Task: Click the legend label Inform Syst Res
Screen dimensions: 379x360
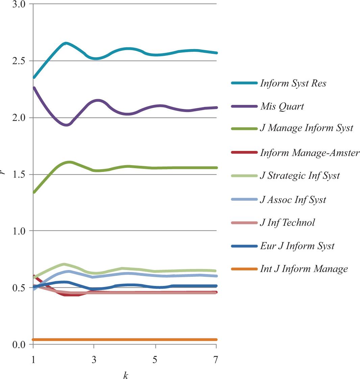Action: click(293, 83)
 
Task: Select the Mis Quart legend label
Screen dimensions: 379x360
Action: click(282, 106)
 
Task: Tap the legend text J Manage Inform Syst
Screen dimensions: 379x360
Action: click(306, 128)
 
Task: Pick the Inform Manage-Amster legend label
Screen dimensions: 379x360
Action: click(310, 153)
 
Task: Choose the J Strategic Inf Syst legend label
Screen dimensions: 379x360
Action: click(300, 176)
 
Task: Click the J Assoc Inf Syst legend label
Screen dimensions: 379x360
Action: click(293, 200)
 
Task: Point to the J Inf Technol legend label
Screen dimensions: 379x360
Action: click(287, 222)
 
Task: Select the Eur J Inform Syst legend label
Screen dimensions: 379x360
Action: click(297, 246)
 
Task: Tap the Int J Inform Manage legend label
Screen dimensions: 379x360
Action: click(304, 269)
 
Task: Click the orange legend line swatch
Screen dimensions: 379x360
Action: click(244, 269)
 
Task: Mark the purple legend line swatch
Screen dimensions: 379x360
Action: click(244, 106)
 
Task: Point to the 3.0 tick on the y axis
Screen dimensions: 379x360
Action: click(21, 4)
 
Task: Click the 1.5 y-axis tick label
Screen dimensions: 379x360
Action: click(21, 175)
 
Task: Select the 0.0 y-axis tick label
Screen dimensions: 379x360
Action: click(21, 344)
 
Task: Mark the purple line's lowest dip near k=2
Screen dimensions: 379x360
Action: click(67, 125)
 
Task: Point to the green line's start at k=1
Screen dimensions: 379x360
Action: click(34, 192)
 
